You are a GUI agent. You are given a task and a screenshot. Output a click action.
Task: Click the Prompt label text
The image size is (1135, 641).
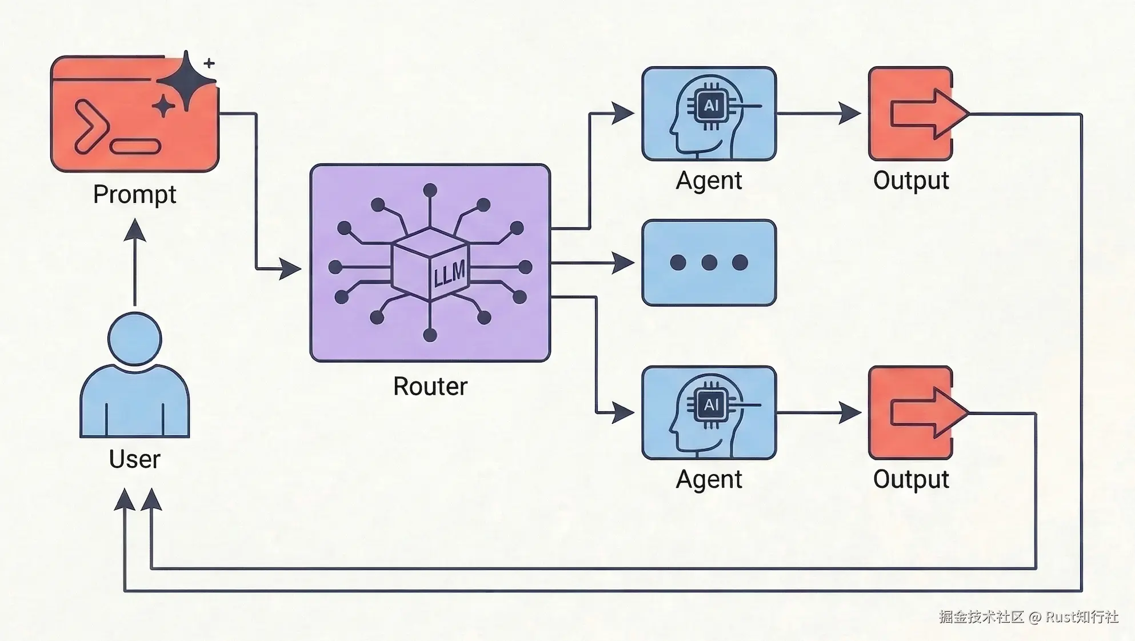(x=134, y=195)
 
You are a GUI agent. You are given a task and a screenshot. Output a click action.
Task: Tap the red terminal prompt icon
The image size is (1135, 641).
(x=134, y=114)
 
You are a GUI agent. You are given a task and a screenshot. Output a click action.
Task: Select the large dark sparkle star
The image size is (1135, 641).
(x=186, y=82)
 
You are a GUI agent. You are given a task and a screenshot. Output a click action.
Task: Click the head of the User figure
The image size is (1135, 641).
(x=135, y=339)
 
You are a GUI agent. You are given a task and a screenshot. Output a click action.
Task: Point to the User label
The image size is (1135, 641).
(x=134, y=459)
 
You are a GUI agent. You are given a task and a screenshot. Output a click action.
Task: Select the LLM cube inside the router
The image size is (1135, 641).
(x=430, y=264)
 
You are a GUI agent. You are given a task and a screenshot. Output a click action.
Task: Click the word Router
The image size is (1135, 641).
(x=430, y=387)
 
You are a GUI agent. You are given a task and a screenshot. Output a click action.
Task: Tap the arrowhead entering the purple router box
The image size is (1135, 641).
(x=290, y=268)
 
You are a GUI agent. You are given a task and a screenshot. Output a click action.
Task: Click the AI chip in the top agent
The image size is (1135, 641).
(x=710, y=106)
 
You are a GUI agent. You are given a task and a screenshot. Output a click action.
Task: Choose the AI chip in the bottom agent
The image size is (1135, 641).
(x=710, y=405)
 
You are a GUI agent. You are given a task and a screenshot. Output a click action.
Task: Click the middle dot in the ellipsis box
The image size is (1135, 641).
(x=709, y=263)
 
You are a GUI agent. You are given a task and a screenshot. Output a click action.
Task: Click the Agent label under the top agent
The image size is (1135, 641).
(x=709, y=181)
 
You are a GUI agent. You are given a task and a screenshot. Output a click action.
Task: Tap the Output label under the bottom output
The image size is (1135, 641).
(x=911, y=480)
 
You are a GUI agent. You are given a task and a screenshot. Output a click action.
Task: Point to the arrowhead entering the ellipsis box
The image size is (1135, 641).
(x=622, y=263)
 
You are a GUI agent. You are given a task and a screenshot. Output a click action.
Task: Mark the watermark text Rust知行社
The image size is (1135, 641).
(x=1081, y=617)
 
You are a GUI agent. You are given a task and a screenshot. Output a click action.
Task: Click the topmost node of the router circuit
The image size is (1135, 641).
(x=430, y=190)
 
